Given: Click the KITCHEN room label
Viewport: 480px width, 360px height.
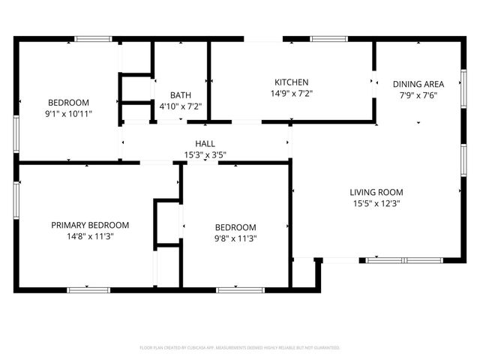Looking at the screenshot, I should click(291, 82).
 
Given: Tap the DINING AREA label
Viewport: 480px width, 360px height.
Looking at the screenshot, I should click(418, 84).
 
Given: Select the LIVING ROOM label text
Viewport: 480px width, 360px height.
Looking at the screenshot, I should click(377, 192).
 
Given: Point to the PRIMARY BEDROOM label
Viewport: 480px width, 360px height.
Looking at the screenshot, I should click(90, 225).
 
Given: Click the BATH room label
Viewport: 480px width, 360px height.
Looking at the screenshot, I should click(180, 95).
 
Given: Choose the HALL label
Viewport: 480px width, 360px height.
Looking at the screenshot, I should click(205, 144).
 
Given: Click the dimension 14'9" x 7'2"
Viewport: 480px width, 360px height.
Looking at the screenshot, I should click(291, 94).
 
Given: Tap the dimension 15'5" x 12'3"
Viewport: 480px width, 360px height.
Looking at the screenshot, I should click(377, 203).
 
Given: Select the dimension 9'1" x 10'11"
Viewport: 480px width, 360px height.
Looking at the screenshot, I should click(69, 114).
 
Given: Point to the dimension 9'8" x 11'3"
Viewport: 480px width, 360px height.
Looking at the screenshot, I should click(235, 238).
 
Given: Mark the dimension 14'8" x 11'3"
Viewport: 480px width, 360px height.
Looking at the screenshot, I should click(90, 236).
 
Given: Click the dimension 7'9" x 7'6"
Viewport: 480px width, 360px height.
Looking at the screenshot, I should click(418, 95).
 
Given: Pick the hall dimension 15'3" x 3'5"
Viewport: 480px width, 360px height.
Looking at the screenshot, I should click(205, 155).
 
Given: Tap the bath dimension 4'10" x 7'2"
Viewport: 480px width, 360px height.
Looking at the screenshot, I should click(180, 106).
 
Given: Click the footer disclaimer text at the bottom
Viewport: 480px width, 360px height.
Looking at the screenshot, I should click(240, 348).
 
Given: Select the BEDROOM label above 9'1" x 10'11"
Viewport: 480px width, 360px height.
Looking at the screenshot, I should click(69, 103).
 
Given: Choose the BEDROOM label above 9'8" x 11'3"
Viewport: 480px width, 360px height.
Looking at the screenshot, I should click(235, 227).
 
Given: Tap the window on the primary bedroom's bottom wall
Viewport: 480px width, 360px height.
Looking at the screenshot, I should click(88, 289).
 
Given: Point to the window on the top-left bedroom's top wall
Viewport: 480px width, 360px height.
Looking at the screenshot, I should click(93, 39).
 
